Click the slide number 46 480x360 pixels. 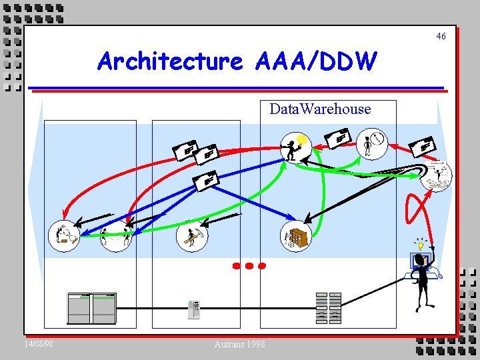pyautogui.click(x=441, y=36)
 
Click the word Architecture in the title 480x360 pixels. pyautogui.click(x=170, y=61)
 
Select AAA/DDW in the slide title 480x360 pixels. pyautogui.click(x=315, y=61)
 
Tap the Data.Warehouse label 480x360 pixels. pyautogui.click(x=320, y=109)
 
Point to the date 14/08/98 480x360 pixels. pyautogui.click(x=39, y=344)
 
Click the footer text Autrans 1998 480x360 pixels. pyautogui.click(x=240, y=344)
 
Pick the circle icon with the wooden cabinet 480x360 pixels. pyautogui.click(x=296, y=236)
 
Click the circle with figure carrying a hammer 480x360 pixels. pyautogui.click(x=191, y=236)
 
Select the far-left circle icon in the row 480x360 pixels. pyautogui.click(x=63, y=236)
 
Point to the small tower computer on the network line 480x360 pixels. pyautogui.click(x=194, y=310)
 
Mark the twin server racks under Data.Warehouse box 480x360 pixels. pyautogui.click(x=328, y=309)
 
